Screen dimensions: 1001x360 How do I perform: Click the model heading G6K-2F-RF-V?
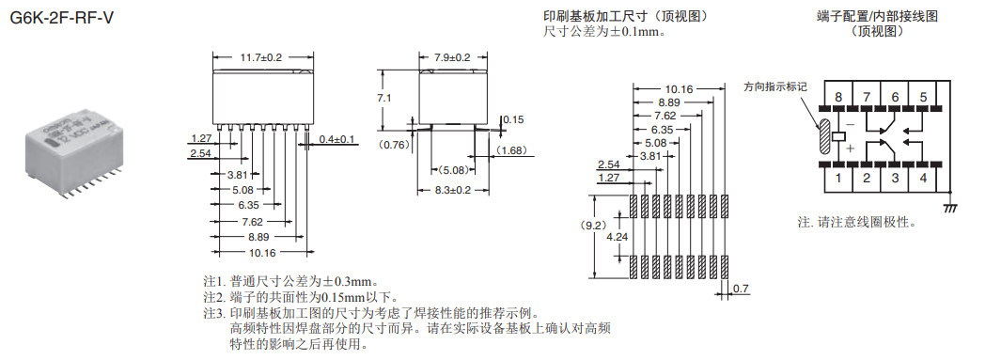tap(62, 18)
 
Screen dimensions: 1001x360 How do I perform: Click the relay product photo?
tap(76, 156)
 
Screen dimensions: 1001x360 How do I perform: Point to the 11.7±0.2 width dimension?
tap(260, 57)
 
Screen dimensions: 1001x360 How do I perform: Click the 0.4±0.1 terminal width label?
tap(337, 139)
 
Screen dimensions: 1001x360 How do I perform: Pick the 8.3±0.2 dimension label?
tap(452, 190)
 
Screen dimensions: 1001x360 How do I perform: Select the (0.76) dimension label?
tap(394, 144)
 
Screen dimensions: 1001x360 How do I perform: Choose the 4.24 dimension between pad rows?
tap(616, 236)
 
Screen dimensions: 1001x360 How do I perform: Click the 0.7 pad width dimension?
tap(741, 290)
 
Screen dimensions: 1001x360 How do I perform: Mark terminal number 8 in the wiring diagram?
tap(838, 97)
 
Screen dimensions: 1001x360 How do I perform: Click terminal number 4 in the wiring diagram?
tap(923, 178)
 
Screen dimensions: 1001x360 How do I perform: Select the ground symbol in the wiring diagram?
tap(950, 208)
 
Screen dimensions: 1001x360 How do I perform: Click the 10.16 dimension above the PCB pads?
tap(678, 89)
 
